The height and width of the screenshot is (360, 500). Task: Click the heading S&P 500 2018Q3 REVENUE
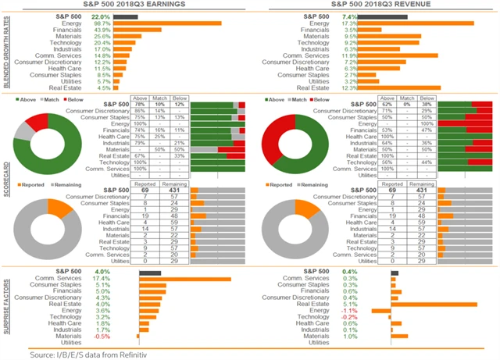(373, 5)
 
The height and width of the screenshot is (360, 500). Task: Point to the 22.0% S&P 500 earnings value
(101, 16)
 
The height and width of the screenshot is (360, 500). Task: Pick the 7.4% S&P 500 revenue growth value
(349, 16)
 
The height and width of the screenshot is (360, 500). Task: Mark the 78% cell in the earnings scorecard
(141, 104)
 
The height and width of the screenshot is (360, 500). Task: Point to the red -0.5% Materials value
(101, 336)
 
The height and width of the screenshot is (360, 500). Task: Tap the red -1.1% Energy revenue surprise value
(349, 310)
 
